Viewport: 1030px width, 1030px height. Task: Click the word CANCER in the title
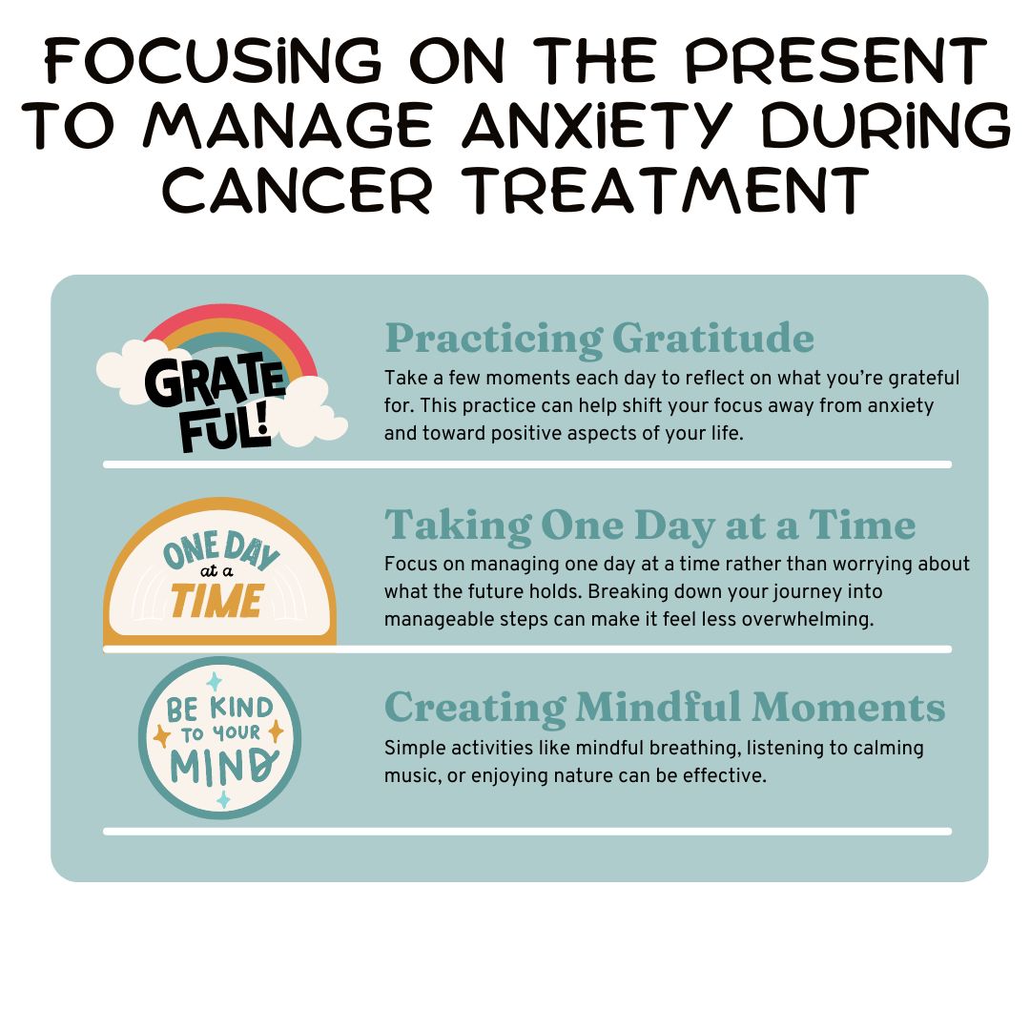[x=297, y=190]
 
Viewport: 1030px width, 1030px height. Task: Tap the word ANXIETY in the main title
[x=597, y=124]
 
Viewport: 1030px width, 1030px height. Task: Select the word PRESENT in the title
[x=835, y=61]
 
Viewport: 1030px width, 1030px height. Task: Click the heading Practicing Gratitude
[x=599, y=339]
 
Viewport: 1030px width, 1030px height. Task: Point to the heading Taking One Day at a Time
[x=650, y=525]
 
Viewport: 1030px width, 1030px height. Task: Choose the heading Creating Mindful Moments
[x=665, y=708]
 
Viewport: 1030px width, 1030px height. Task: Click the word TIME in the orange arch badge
[x=217, y=601]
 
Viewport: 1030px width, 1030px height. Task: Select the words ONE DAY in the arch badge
[x=220, y=550]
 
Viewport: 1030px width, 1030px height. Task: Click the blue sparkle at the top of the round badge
[x=215, y=682]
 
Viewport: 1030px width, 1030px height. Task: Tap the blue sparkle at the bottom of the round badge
[x=223, y=799]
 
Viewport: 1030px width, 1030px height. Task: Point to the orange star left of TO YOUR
[x=161, y=735]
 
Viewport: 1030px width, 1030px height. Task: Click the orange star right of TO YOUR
[x=276, y=731]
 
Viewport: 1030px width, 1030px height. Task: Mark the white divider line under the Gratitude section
[x=527, y=464]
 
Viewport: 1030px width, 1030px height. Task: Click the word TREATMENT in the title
[x=665, y=190]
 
